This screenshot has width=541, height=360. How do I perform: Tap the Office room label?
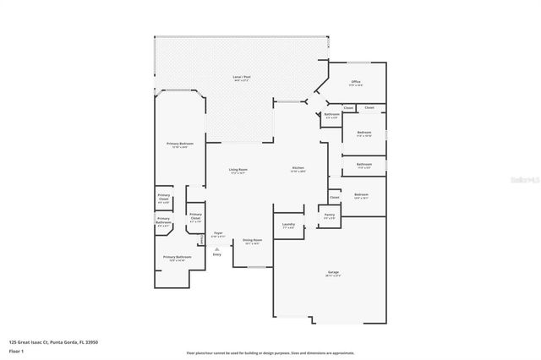tap(356, 83)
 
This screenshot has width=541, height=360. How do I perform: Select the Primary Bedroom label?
tap(179, 145)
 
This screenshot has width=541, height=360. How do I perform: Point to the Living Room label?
tap(238, 172)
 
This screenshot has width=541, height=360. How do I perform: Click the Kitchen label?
tap(298, 168)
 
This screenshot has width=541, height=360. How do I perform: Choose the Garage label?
tap(333, 273)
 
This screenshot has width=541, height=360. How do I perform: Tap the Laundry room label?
tap(288, 225)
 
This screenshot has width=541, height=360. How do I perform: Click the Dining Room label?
tap(253, 242)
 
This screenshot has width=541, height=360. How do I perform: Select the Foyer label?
tap(218, 234)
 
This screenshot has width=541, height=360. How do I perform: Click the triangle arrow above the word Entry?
tap(217, 248)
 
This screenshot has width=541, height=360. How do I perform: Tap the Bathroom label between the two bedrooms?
tap(363, 165)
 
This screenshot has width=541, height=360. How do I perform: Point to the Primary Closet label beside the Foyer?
tap(195, 216)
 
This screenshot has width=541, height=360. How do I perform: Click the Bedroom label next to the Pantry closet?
tap(361, 196)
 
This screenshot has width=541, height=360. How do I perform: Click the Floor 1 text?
tap(17, 350)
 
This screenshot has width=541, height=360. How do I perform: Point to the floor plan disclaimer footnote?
tap(270, 352)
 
